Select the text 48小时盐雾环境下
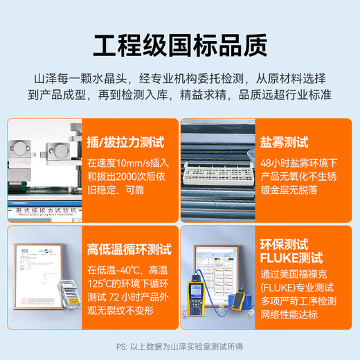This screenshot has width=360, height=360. point(307,163)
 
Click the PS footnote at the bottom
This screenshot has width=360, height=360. point(180,348)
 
